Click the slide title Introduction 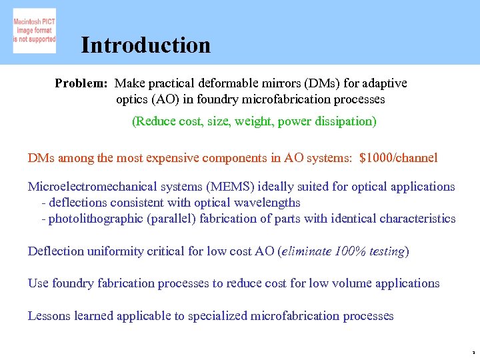tap(145, 45)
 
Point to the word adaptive tap(382, 83)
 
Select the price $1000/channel tap(398, 158)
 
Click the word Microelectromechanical tap(95, 187)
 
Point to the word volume tap(333, 283)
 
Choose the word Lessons tap(49, 315)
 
